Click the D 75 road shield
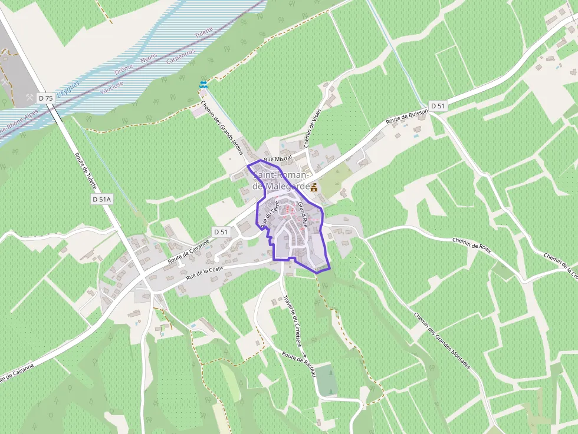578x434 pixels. tap(45, 97)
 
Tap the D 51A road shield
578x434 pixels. tap(101, 200)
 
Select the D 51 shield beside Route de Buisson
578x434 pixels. tap(437, 105)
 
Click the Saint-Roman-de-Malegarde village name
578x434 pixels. tap(281, 181)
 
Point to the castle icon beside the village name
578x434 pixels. tap(314, 187)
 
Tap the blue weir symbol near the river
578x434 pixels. tap(203, 85)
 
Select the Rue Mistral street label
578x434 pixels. tap(278, 159)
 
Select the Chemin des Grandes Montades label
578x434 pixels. tap(442, 341)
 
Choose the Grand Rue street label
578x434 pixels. tap(303, 215)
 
